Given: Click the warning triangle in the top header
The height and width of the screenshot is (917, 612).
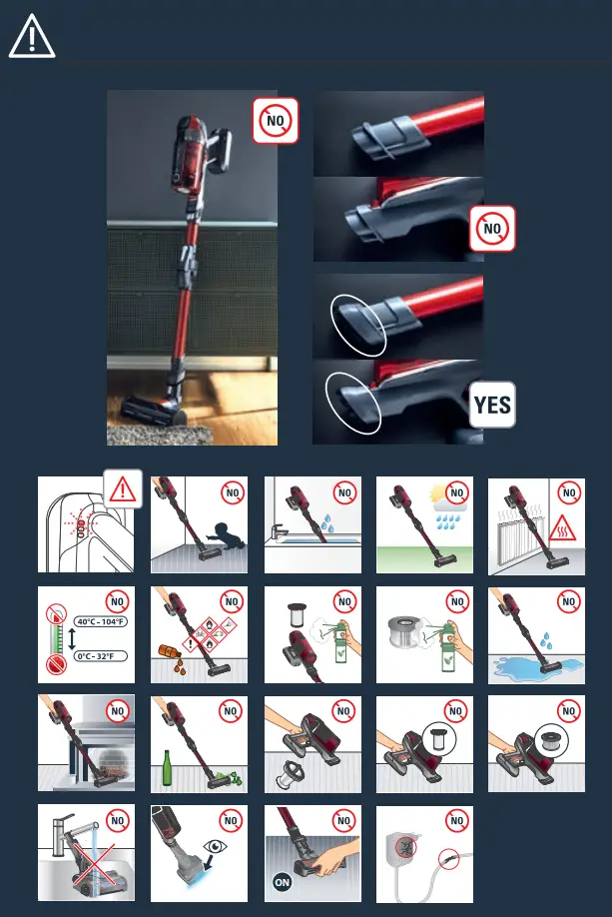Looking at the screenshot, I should pos(32,38).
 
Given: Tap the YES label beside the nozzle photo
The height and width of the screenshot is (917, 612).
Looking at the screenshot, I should pos(492,406).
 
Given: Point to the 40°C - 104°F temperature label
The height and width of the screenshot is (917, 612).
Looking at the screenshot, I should pos(101,622).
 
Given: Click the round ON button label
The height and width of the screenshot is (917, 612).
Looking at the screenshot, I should pos(283,882).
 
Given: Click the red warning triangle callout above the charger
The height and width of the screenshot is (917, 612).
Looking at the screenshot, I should pos(123,489).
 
